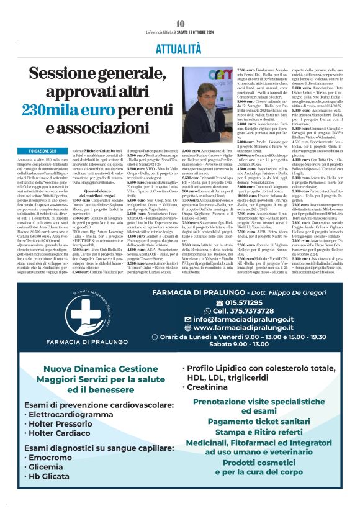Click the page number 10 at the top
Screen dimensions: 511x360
[180, 24]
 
